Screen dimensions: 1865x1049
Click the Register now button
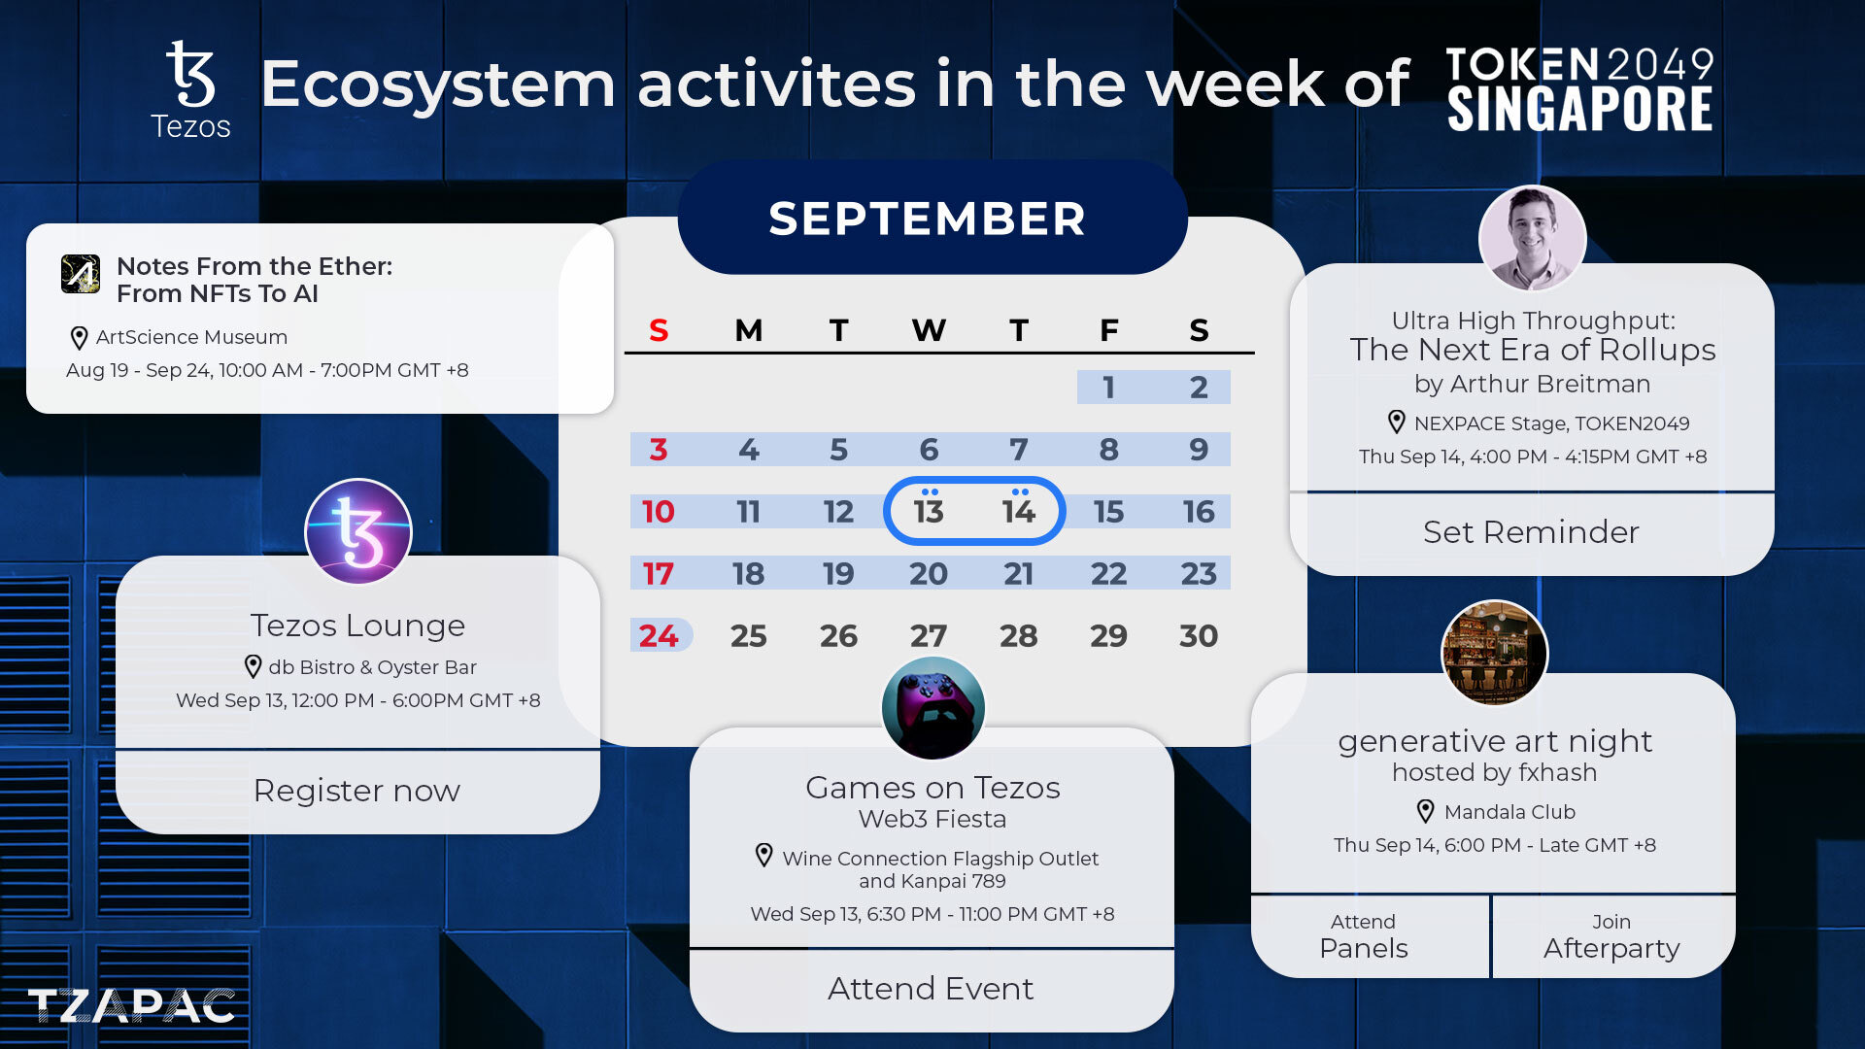coord(357,792)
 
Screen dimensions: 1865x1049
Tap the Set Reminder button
coord(1532,532)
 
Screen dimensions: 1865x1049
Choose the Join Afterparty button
coord(1612,936)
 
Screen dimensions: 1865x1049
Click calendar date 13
coord(929,511)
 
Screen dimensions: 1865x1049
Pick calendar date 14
coord(1019,511)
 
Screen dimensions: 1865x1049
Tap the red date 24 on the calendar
coord(659,635)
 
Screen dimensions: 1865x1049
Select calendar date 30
coord(1199,635)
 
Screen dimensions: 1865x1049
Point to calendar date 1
coord(1108,387)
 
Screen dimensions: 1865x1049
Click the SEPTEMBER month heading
coord(928,219)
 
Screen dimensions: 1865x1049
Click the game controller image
coord(932,708)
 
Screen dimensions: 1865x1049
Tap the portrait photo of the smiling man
coord(1532,238)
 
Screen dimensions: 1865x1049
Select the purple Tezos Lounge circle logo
coord(358,531)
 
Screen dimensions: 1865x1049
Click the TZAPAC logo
coord(131,1006)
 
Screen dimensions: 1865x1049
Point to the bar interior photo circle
coord(1494,652)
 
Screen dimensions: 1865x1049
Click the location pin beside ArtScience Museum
coord(80,338)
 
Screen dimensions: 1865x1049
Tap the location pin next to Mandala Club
coord(1425,811)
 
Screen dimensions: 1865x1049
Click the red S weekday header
coord(659,330)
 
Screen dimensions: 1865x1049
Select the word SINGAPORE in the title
coord(1579,109)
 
